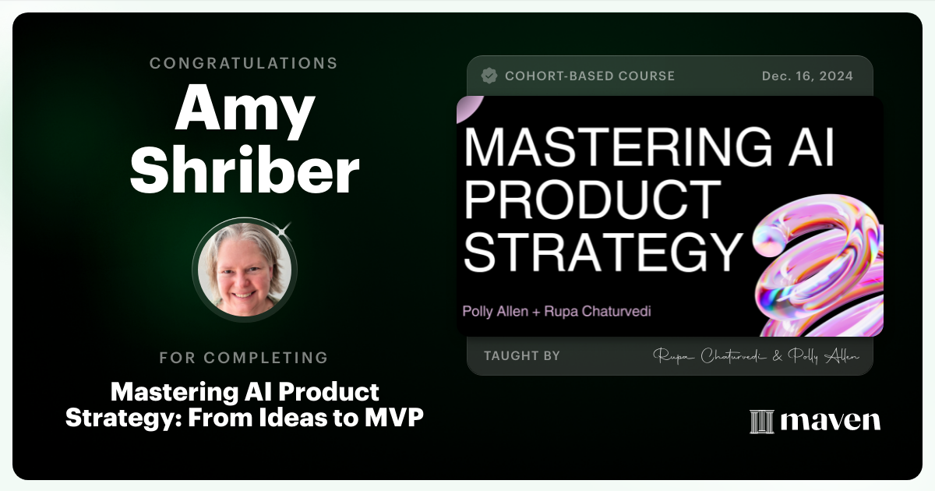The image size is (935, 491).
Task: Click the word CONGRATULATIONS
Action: [x=244, y=63]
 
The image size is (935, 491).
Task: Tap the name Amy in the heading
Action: [x=244, y=111]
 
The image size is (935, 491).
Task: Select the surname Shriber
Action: [x=244, y=172]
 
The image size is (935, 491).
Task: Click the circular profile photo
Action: [x=245, y=270]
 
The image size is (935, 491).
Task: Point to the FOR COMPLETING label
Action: [x=244, y=358]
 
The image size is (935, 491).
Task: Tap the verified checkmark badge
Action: [x=489, y=76]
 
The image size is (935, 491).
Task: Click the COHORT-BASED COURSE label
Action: [x=590, y=76]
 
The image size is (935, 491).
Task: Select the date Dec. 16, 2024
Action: [x=807, y=76]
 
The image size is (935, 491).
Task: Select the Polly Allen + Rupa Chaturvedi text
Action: [x=556, y=311]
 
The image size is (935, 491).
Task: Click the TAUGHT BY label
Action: [x=522, y=355]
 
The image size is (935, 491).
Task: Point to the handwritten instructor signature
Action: [x=756, y=356]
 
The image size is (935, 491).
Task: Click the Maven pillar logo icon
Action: [x=761, y=421]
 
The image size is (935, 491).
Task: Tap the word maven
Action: [x=830, y=421]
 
